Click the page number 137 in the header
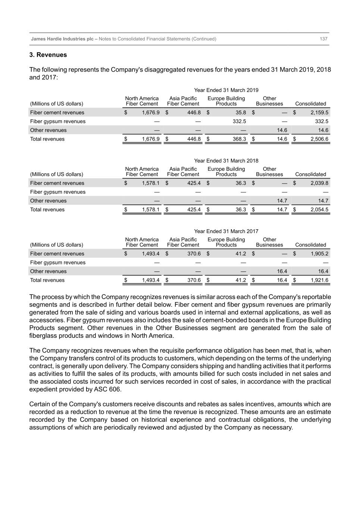click(323, 39)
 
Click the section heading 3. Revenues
click(48, 55)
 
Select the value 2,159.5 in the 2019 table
click(319, 113)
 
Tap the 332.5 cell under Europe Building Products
click(239, 122)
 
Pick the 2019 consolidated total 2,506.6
click(319, 139)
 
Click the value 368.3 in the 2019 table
click(239, 139)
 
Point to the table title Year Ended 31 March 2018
click(226, 161)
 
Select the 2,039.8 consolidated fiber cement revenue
click(319, 183)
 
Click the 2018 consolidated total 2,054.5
click(319, 210)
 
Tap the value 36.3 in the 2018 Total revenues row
click(241, 210)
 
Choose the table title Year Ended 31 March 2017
click(226, 231)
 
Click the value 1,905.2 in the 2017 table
click(319, 254)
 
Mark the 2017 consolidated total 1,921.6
click(319, 280)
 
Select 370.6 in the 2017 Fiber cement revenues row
click(194, 254)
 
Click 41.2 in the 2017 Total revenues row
click(241, 280)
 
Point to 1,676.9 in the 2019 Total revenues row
click(151, 139)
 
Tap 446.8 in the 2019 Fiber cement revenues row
click(194, 113)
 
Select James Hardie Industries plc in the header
click(62, 39)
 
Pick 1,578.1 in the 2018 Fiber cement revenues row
click(151, 183)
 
